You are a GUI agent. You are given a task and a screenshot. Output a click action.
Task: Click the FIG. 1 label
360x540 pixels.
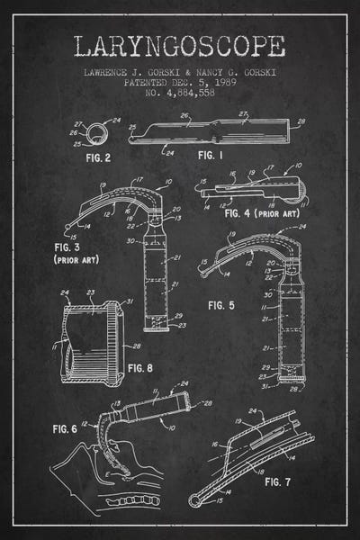pyautogui.click(x=210, y=155)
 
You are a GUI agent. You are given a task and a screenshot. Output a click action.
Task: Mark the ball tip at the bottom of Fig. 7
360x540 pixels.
pyautogui.click(x=194, y=498)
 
